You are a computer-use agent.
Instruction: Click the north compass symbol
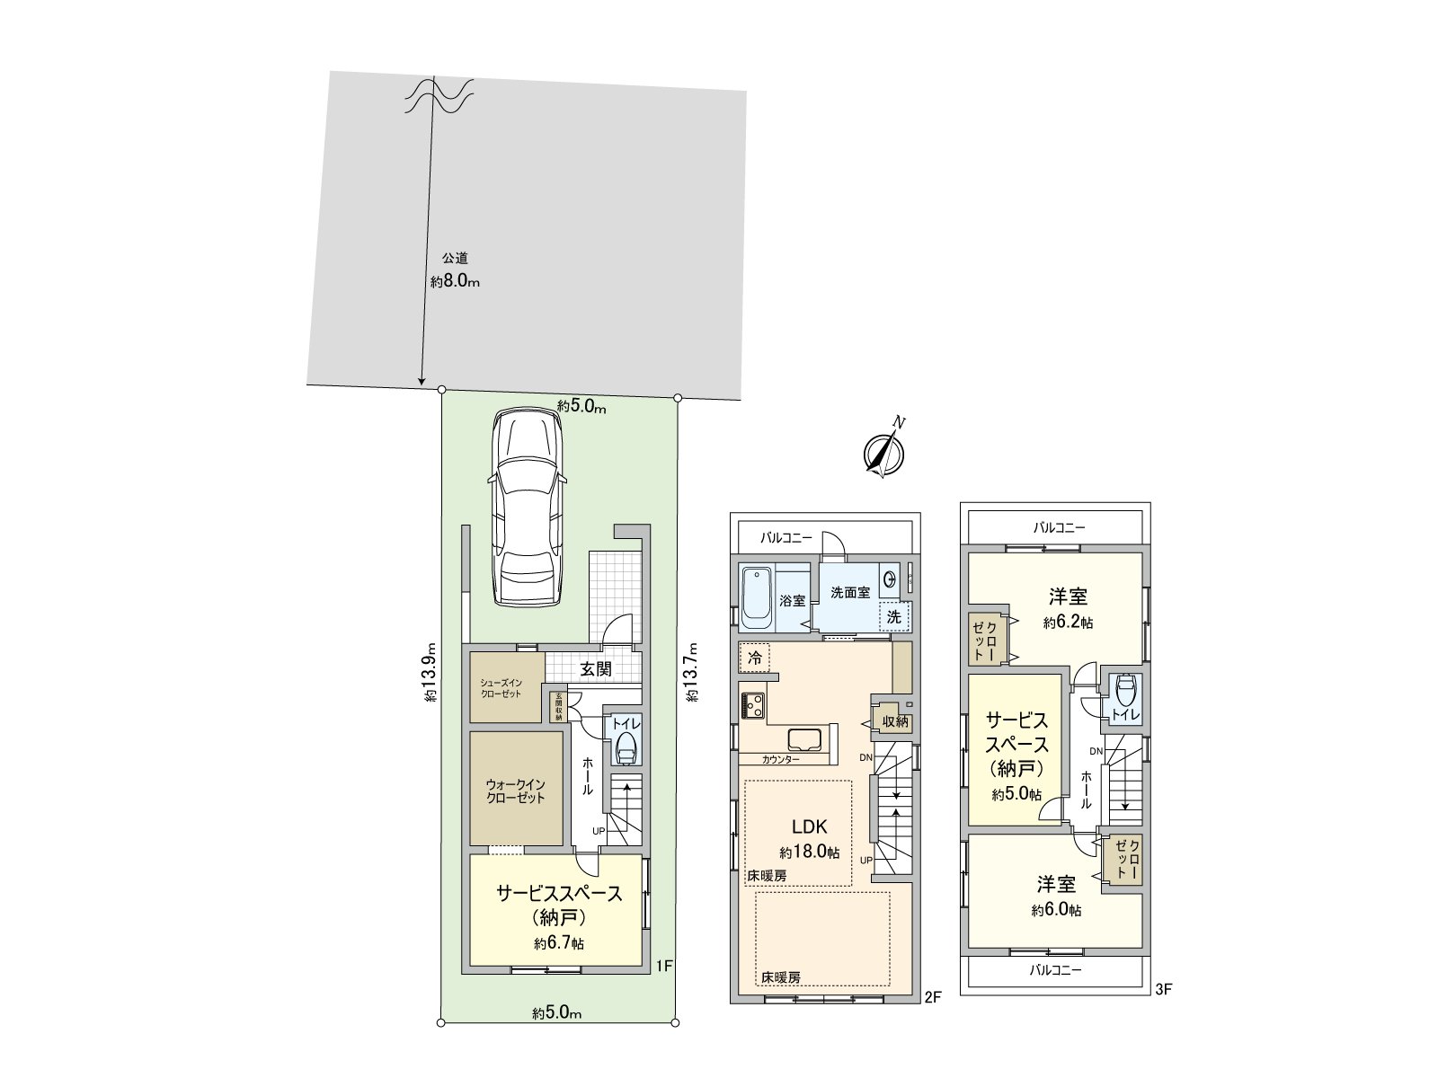point(884,450)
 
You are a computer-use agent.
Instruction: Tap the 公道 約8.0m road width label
point(455,270)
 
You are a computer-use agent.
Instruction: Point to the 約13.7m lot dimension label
point(692,672)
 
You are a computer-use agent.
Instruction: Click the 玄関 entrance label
point(596,668)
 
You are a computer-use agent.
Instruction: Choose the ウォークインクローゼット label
point(516,791)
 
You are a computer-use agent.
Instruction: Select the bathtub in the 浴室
point(757,599)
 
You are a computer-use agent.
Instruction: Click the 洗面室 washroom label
point(849,592)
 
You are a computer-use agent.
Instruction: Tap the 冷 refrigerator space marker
point(754,658)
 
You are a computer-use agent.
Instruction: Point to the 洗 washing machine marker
point(893,616)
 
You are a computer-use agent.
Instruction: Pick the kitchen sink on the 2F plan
point(805,739)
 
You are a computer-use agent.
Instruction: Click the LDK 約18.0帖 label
point(810,838)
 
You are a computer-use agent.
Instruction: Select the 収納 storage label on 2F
point(895,721)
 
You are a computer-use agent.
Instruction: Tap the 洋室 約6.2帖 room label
point(1068,609)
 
